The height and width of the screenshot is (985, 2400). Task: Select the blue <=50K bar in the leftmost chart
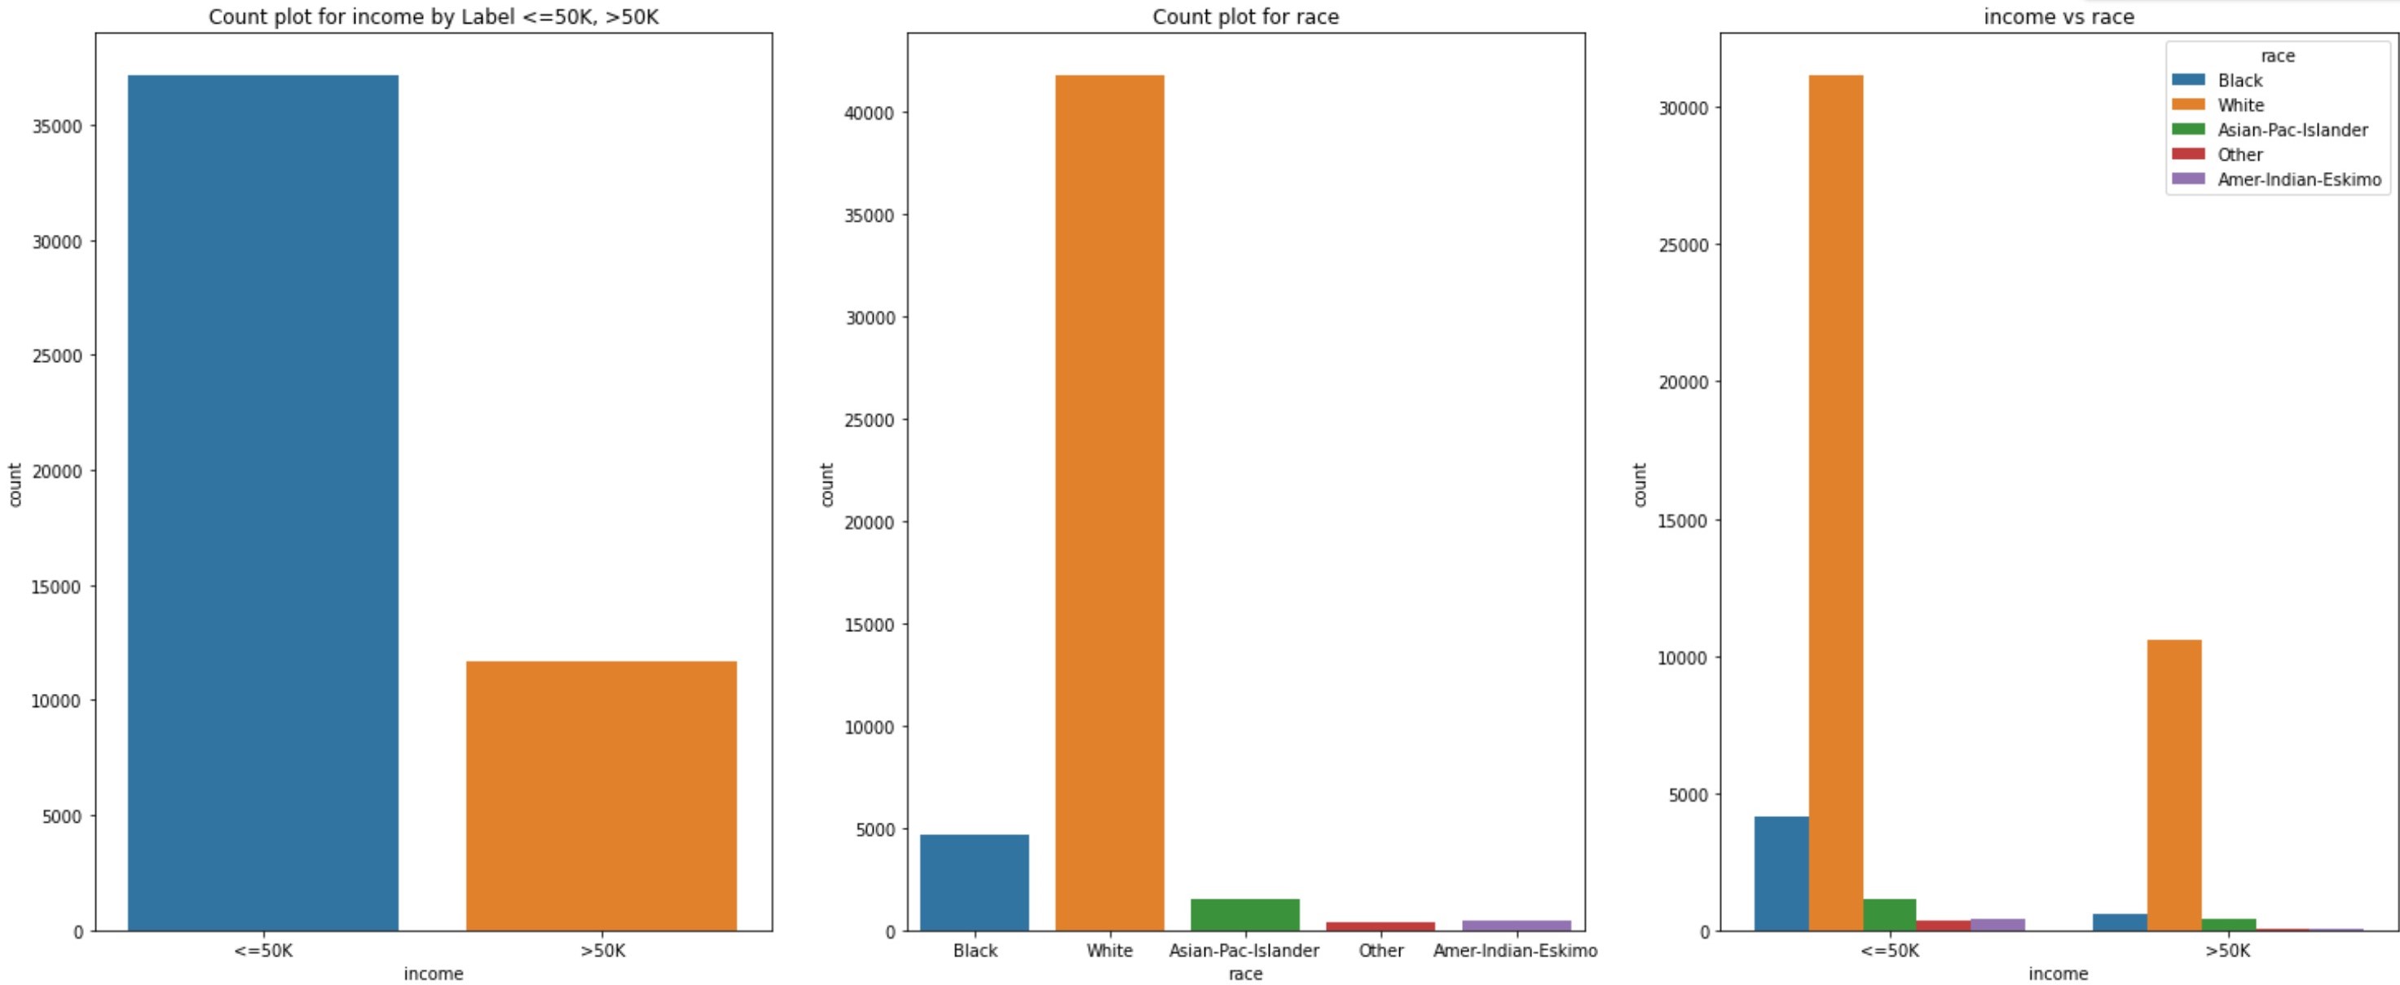tap(262, 503)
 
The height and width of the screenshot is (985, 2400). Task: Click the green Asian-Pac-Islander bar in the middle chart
tap(1244, 914)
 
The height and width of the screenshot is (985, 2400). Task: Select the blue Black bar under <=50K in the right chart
tap(1781, 873)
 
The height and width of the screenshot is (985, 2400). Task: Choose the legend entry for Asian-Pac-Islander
tap(2292, 130)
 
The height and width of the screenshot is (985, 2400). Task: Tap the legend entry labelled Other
tap(2239, 155)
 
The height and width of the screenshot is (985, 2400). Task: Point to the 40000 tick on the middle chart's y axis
tap(870, 113)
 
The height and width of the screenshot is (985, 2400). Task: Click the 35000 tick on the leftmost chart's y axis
tap(57, 126)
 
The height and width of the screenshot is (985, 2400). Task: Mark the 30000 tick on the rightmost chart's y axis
tap(1684, 108)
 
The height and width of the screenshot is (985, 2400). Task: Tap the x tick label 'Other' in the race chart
tap(1380, 951)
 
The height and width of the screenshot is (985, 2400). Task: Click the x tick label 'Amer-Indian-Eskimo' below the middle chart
tap(1515, 951)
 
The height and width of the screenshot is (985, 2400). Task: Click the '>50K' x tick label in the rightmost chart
tap(2226, 951)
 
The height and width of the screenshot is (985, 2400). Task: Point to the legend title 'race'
tap(2277, 56)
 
